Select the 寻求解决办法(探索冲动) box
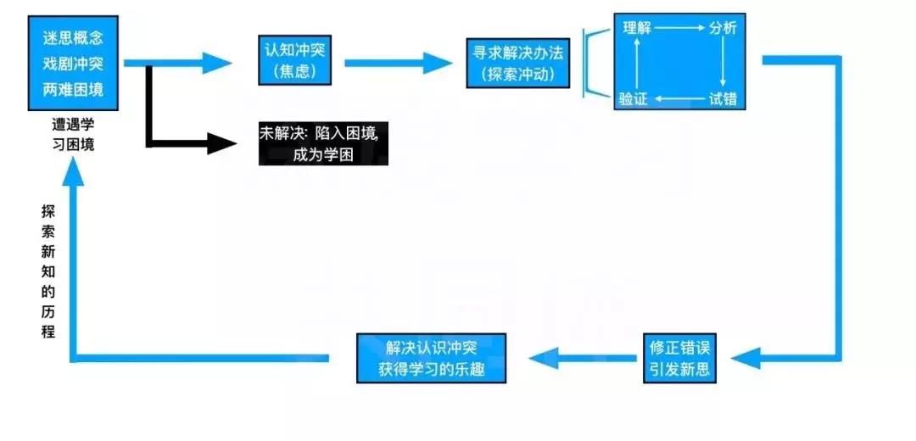518,63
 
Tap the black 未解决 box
323,143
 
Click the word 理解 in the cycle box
636,28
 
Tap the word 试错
723,99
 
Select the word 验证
633,99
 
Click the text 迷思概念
73,39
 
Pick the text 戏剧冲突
73,64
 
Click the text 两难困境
73,88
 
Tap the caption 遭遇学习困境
73,135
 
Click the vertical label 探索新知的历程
48,271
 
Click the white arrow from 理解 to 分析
679,28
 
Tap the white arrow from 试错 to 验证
679,100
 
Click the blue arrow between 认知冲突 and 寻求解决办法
399,62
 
